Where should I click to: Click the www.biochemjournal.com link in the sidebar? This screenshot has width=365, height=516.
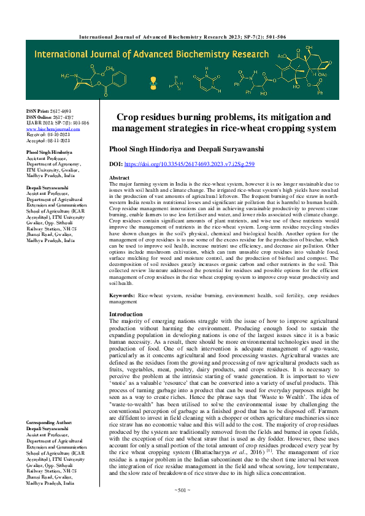click(x=53, y=129)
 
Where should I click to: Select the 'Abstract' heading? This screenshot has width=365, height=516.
click(x=119, y=177)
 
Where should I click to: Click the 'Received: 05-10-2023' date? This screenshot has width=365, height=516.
click(x=48, y=134)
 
